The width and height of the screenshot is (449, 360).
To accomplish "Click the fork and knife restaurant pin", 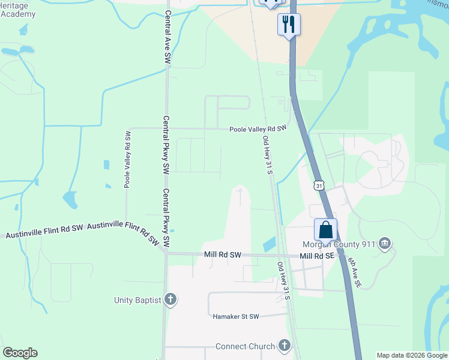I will (289, 24).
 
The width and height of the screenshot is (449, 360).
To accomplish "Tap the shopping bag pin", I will (325, 230).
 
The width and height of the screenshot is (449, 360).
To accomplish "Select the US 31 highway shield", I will (319, 186).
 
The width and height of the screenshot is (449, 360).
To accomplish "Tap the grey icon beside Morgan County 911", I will (385, 244).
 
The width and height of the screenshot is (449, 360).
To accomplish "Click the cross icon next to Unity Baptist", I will (170, 299).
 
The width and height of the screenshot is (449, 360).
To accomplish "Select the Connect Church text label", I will (245, 346).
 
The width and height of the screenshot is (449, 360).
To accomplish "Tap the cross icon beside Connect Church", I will (284, 346).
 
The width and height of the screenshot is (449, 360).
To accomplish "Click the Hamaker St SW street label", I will (236, 316).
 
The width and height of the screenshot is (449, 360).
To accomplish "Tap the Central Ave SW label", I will (167, 37).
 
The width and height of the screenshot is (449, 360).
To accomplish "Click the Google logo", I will (20, 353).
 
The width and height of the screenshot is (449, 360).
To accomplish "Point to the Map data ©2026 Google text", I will (412, 355).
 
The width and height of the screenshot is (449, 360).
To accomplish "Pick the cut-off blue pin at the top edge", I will (269, 3).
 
